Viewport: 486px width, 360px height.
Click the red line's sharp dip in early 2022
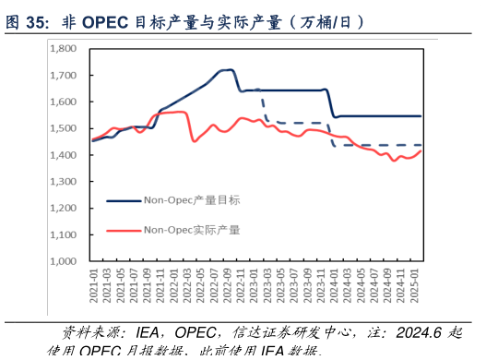(x=194, y=140)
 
